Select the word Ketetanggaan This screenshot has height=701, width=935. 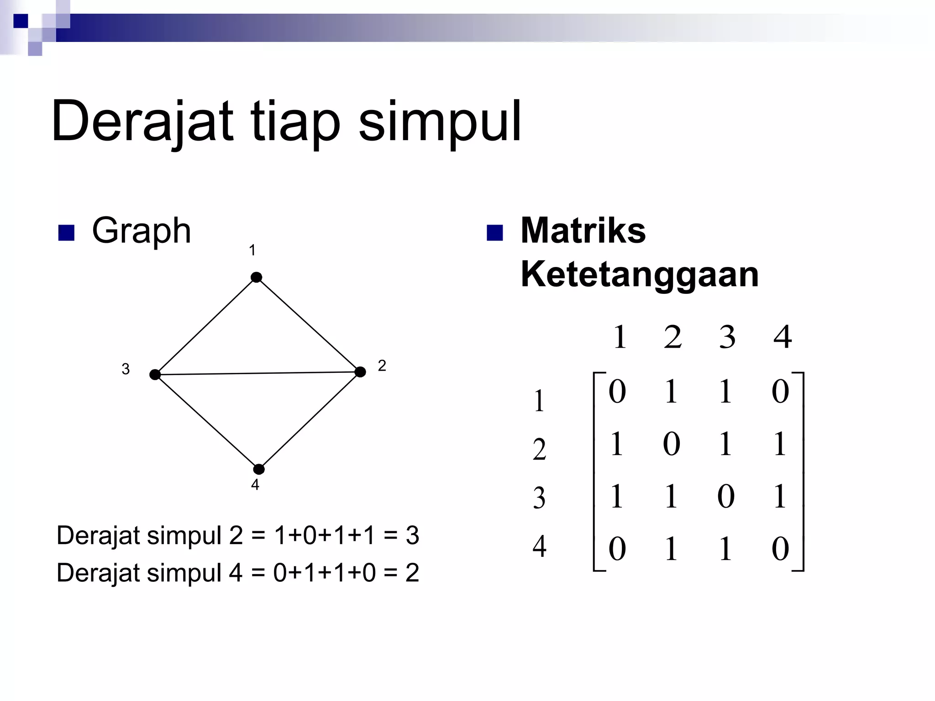[x=639, y=275]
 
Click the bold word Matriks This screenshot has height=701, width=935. [x=583, y=230]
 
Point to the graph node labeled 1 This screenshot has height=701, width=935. [x=257, y=277]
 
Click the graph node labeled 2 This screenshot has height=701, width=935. [x=360, y=372]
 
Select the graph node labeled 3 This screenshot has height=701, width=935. [x=155, y=375]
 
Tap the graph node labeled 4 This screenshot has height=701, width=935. [x=259, y=469]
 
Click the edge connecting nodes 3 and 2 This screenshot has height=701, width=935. [x=258, y=373]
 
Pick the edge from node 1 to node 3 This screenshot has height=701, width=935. [x=206, y=326]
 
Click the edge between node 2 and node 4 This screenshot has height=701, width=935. [x=310, y=421]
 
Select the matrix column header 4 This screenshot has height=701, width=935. [x=783, y=337]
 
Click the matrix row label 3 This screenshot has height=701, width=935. [x=539, y=498]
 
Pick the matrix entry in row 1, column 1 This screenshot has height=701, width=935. [x=617, y=392]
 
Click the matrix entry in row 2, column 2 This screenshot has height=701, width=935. [x=672, y=444]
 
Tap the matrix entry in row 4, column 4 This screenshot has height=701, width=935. [x=780, y=549]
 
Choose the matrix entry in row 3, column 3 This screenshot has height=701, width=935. [x=726, y=496]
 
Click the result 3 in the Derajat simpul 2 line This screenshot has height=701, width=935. [x=412, y=535]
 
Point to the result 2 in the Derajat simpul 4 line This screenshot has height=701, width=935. [x=412, y=573]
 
